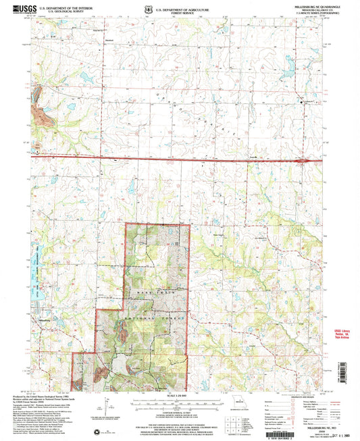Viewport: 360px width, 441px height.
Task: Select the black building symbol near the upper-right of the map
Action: pyautogui.click(x=302, y=102)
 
